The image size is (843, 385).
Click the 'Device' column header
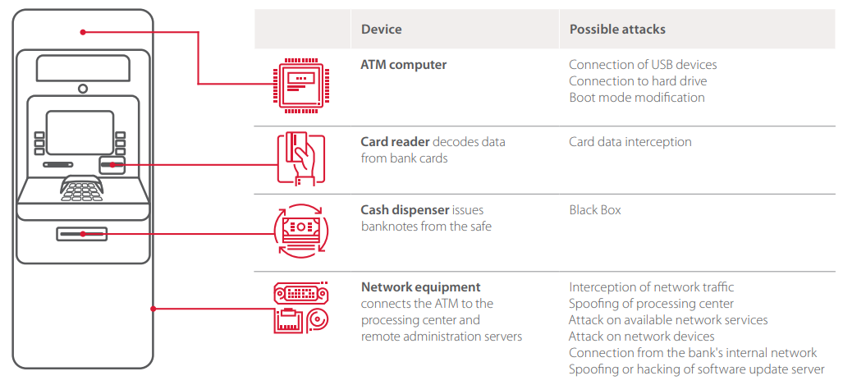tap(381, 30)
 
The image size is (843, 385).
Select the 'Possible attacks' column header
tap(617, 30)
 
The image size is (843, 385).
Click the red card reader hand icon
tap(300, 159)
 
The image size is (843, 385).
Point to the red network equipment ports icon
tap(300, 307)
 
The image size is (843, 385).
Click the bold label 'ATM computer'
tap(403, 65)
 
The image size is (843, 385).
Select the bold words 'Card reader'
tap(395, 142)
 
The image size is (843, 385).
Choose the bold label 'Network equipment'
tap(420, 287)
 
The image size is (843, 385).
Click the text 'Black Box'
tap(595, 210)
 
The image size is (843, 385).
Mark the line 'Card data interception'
tap(630, 142)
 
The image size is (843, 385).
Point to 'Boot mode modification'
tap(636, 98)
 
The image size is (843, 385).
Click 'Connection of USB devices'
tap(642, 65)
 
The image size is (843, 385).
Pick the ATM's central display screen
tap(80, 132)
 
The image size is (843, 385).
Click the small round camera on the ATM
tap(82, 89)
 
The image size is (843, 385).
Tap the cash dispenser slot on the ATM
tap(81, 235)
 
